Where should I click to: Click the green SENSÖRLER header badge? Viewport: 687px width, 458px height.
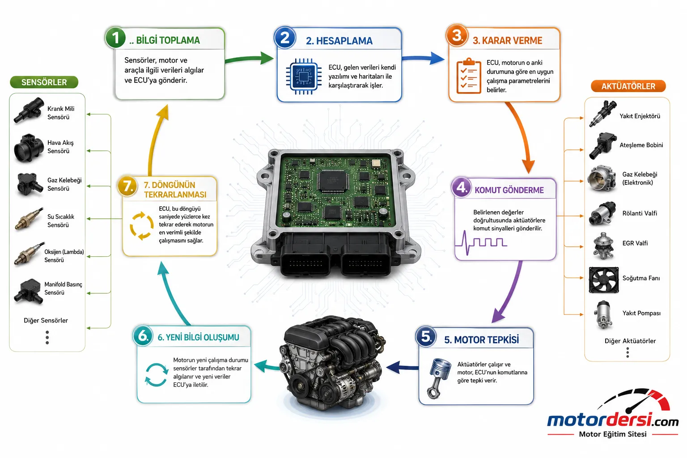point(44,82)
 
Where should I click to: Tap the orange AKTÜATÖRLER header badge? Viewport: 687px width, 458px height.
point(628,86)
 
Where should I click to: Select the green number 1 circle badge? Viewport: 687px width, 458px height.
point(115,38)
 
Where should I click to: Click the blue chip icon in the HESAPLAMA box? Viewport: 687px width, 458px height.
point(304,76)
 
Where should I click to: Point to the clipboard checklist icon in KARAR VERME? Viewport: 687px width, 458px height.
point(469,76)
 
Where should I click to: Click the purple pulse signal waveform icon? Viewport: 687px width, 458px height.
point(481,243)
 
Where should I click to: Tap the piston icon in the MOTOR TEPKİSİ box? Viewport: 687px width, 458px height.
point(439,378)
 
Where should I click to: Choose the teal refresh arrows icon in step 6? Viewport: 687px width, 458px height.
point(157,374)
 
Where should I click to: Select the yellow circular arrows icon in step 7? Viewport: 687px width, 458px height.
point(141,225)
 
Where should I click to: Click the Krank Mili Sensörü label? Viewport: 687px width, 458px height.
point(61,113)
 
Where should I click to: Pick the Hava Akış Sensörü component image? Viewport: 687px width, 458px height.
point(29,148)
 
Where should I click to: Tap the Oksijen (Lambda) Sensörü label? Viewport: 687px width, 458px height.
point(64,256)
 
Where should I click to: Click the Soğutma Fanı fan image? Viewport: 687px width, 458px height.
point(603,280)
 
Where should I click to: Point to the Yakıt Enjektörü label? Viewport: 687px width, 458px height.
point(640,116)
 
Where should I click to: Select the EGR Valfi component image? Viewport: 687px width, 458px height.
point(603,246)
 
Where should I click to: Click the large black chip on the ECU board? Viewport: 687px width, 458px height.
point(333,181)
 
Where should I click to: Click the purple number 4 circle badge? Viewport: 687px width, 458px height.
point(462,187)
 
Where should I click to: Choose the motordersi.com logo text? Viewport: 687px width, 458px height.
point(612,420)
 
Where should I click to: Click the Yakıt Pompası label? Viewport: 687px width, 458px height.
point(641,313)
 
